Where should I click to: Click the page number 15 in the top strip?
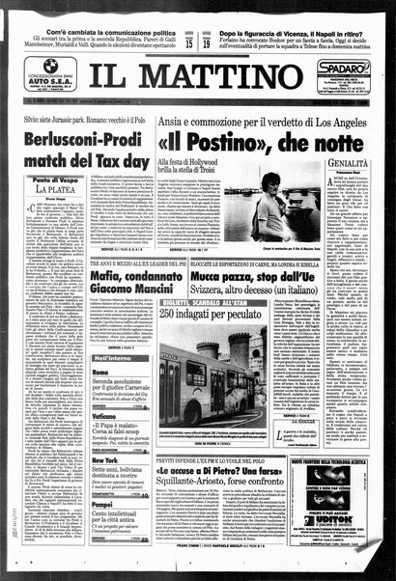coord(188,16)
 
